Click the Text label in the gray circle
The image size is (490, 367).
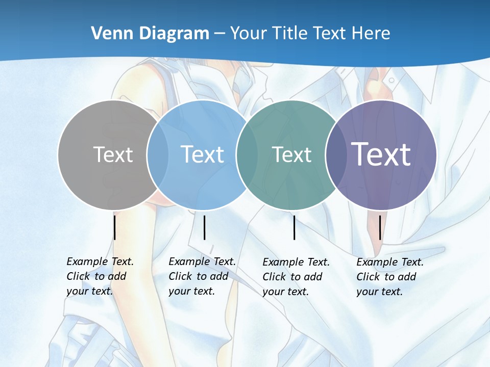[x=113, y=154]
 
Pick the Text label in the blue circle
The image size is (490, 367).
[x=202, y=154]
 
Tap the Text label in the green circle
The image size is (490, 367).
[x=291, y=154]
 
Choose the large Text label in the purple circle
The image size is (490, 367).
[x=381, y=154]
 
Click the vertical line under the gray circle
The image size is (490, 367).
[x=115, y=227]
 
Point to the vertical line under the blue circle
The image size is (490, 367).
[x=204, y=227]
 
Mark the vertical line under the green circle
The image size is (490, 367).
[x=295, y=227]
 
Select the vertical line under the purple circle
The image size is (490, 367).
[x=380, y=227]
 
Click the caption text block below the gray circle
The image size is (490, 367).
[x=100, y=276]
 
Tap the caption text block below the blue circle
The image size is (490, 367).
[x=202, y=276]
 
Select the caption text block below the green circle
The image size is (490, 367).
[x=296, y=277]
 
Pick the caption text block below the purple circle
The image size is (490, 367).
[x=389, y=277]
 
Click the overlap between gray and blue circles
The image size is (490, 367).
[x=158, y=154]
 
